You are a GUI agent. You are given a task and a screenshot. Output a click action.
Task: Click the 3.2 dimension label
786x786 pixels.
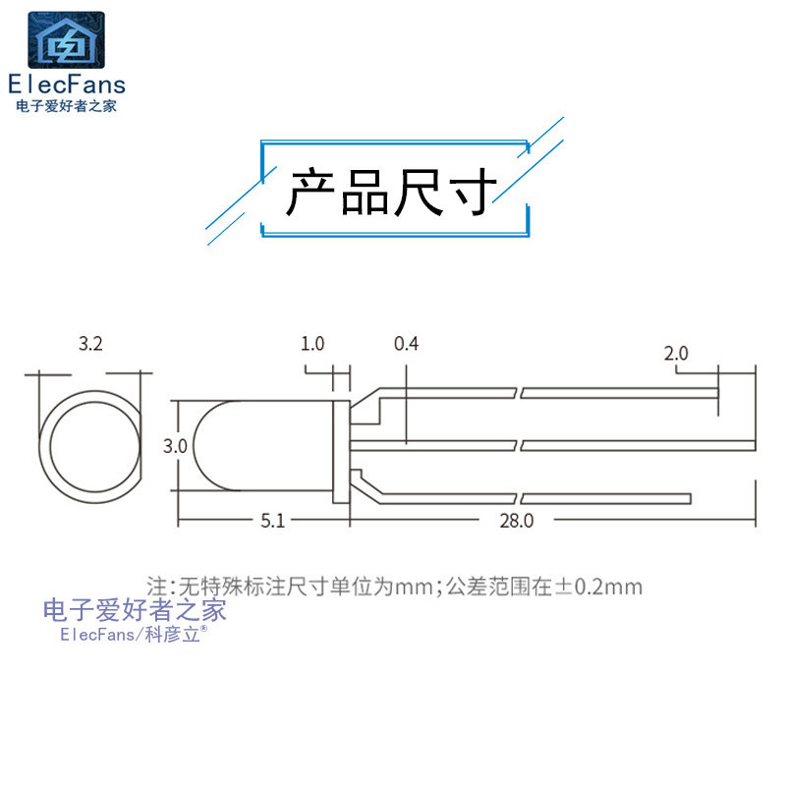click(x=90, y=344)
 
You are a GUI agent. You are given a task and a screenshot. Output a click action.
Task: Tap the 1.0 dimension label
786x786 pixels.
click(x=312, y=344)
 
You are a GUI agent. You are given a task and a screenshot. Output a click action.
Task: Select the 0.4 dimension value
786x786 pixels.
click(x=406, y=344)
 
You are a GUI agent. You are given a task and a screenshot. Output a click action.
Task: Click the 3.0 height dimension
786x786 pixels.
click(x=175, y=446)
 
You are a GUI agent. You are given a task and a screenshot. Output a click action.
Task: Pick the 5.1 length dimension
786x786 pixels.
click(x=272, y=522)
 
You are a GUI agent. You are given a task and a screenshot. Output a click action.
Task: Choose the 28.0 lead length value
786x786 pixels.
click(x=516, y=522)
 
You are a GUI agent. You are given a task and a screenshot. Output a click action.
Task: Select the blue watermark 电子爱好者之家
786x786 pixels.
click(x=136, y=610)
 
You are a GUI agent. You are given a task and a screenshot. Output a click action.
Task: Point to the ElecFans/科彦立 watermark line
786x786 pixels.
click(x=130, y=635)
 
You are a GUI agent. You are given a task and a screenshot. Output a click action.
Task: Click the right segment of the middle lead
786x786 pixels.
click(x=639, y=446)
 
